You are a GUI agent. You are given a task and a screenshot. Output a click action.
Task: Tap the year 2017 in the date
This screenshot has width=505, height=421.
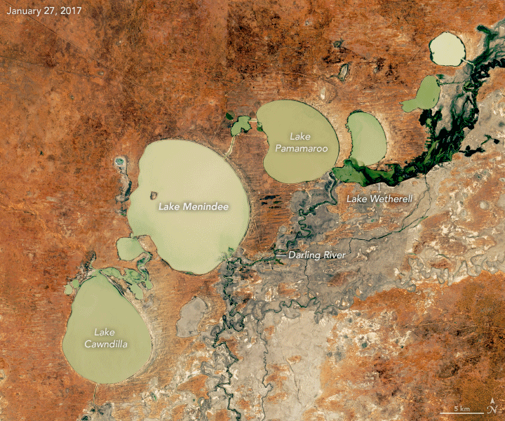click(x=72, y=11)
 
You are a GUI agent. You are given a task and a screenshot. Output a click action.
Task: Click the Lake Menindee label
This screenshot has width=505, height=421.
click(x=187, y=207)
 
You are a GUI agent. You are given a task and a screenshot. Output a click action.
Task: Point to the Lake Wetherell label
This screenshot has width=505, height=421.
click(x=380, y=199)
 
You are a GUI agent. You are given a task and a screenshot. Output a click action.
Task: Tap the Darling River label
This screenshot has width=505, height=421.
click(x=316, y=255)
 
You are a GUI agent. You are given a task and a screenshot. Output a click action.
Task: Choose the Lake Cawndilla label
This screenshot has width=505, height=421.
click(x=107, y=337)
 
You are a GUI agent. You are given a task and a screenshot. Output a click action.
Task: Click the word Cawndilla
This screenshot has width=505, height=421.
click(x=107, y=343)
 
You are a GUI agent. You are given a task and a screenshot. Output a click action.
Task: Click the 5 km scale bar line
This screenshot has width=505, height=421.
click(x=462, y=413)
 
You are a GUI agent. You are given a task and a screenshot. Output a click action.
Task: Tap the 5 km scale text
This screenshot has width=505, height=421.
click(x=461, y=408)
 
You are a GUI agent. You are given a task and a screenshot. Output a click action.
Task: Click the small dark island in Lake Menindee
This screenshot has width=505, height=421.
click(x=154, y=194)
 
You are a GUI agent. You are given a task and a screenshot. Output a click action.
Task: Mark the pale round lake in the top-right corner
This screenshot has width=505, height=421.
click(x=447, y=48)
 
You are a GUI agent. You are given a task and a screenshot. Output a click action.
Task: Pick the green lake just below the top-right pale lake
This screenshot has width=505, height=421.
click(x=422, y=94)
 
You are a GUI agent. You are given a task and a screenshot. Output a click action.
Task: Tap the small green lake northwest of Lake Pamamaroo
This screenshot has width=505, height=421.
click(x=241, y=126)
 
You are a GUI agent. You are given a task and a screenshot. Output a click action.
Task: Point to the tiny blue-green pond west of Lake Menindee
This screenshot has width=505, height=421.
click(x=119, y=161)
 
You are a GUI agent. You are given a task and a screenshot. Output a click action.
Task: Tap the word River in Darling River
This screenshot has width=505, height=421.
click(x=332, y=255)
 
